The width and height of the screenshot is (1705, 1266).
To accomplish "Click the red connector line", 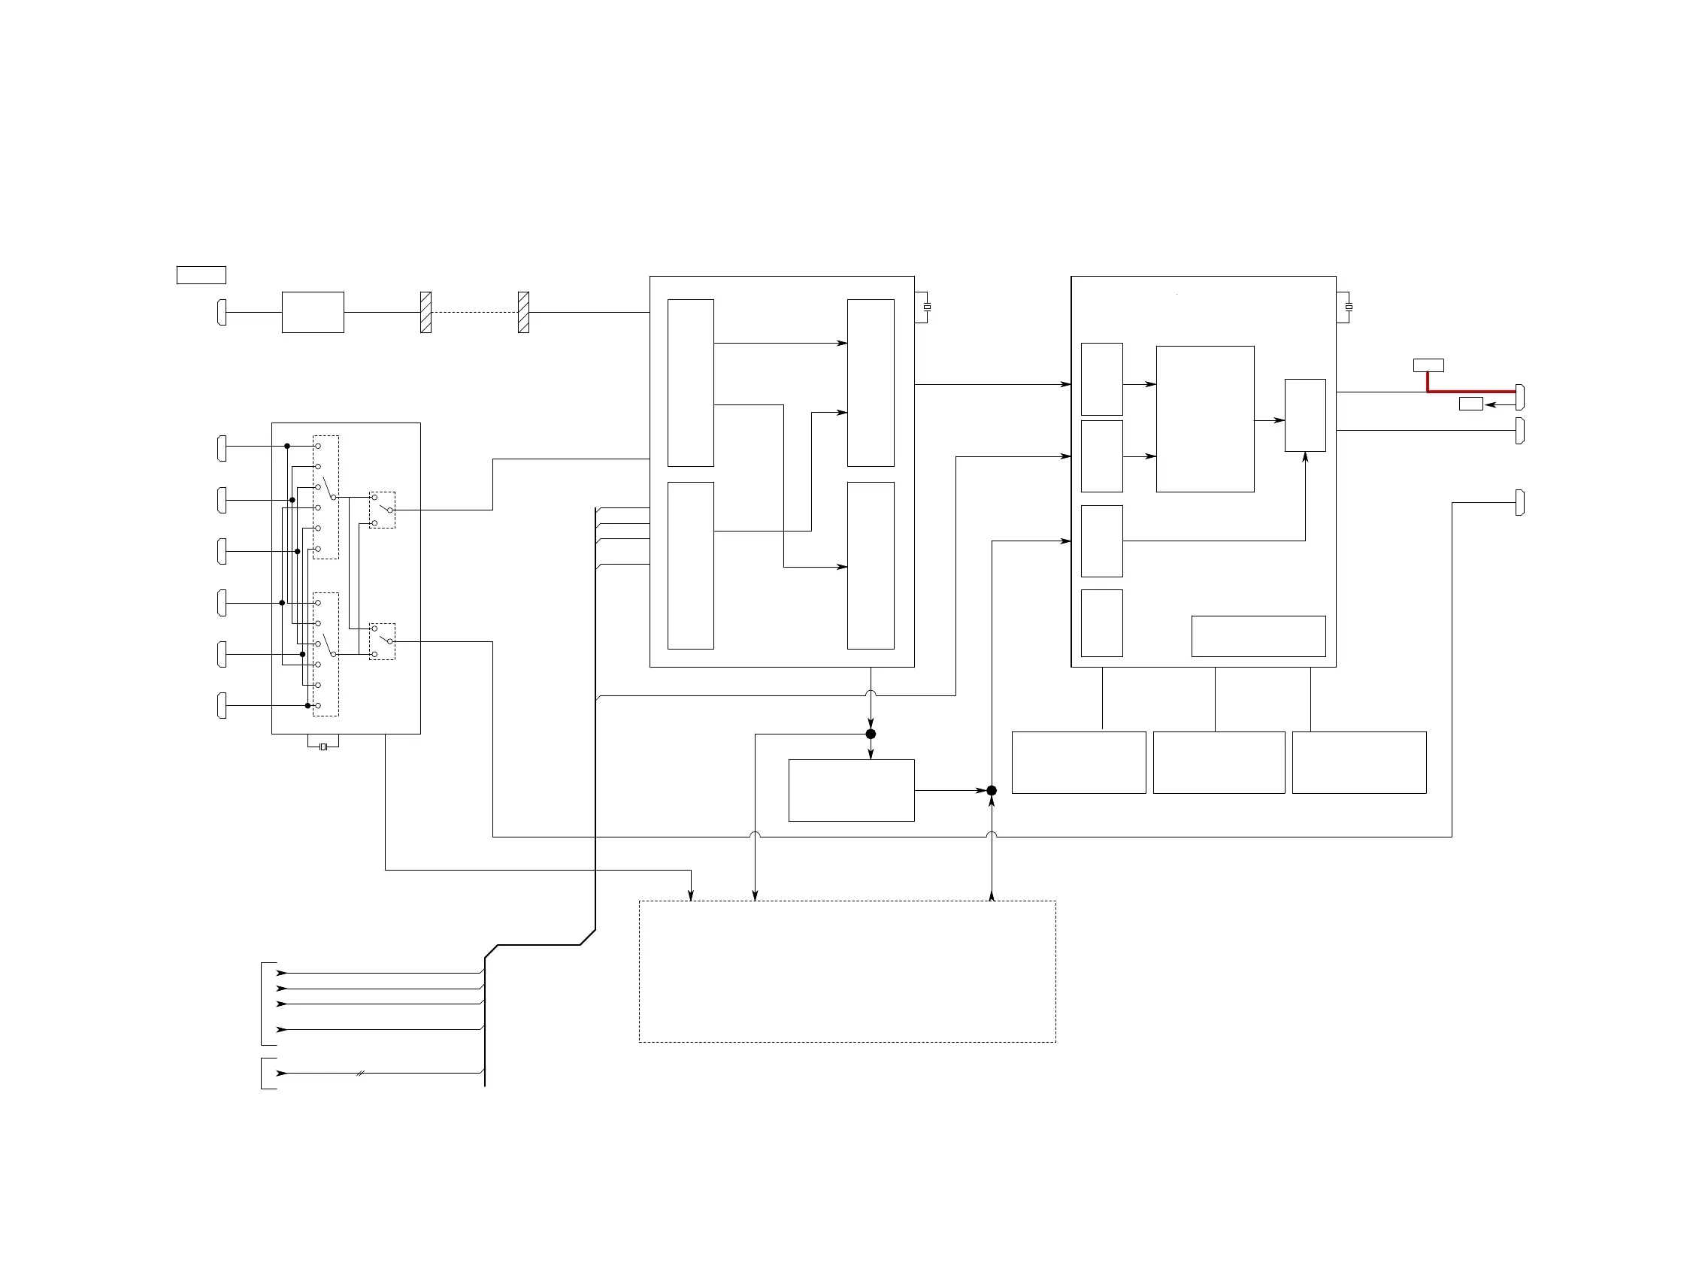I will (x=1471, y=392).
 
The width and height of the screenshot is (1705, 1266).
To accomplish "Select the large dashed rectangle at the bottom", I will (x=846, y=971).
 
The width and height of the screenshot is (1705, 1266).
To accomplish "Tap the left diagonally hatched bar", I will (x=426, y=312).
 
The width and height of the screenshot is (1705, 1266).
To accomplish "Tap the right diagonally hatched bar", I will (x=523, y=312).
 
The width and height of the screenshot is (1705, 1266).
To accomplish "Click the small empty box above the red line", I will (x=1428, y=365).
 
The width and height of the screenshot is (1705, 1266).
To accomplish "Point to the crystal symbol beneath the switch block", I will (x=323, y=747).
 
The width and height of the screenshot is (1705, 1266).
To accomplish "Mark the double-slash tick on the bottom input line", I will (x=360, y=1074).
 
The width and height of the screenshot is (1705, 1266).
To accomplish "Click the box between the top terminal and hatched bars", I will (x=313, y=312).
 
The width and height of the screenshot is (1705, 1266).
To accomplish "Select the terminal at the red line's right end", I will (x=1520, y=397).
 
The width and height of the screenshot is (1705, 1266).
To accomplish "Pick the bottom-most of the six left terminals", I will (x=223, y=705).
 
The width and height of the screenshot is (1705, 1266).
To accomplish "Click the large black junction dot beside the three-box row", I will (x=992, y=790).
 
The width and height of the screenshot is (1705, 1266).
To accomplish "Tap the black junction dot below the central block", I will (x=871, y=734).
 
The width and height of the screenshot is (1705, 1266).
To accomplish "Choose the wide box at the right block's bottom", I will (x=1258, y=636).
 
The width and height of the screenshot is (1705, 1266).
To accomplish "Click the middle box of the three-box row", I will (x=1219, y=762).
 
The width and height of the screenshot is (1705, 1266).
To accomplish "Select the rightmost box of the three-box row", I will (x=1358, y=762).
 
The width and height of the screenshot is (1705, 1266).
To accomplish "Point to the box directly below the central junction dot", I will (x=851, y=790).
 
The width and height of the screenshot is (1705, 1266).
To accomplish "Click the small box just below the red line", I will (x=1470, y=404).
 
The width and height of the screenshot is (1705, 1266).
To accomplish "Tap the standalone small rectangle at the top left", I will (x=201, y=275).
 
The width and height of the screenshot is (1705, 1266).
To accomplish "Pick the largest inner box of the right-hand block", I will (x=1204, y=419).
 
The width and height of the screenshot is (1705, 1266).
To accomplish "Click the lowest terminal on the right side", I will (x=1520, y=503).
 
